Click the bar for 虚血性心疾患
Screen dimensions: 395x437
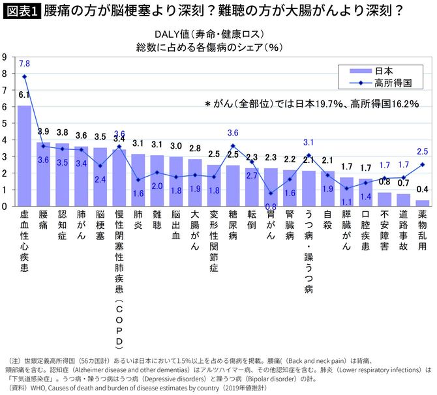click(24, 156)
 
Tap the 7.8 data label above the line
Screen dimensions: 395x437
click(24, 63)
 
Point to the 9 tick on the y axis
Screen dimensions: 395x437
click(5, 57)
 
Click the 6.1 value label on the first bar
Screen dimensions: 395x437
click(24, 95)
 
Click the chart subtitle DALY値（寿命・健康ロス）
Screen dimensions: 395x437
click(209, 34)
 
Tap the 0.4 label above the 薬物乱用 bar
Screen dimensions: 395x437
click(423, 189)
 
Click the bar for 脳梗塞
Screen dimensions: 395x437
click(100, 177)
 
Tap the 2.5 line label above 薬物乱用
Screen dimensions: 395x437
click(423, 151)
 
